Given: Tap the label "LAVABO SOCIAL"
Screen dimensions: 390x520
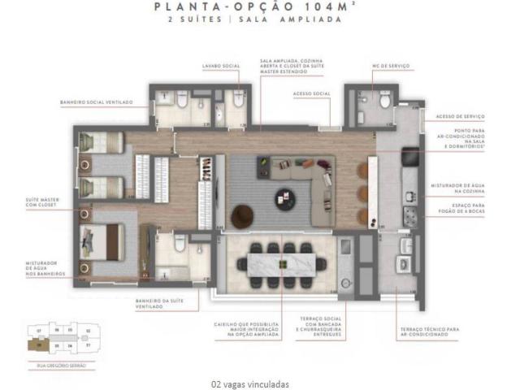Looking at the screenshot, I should tap(220, 65).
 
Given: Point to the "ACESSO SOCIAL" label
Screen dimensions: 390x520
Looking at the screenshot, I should tap(310, 93).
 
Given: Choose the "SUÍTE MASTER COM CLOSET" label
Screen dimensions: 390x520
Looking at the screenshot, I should tap(38, 201).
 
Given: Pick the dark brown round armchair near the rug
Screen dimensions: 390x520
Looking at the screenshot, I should tap(242, 216).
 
